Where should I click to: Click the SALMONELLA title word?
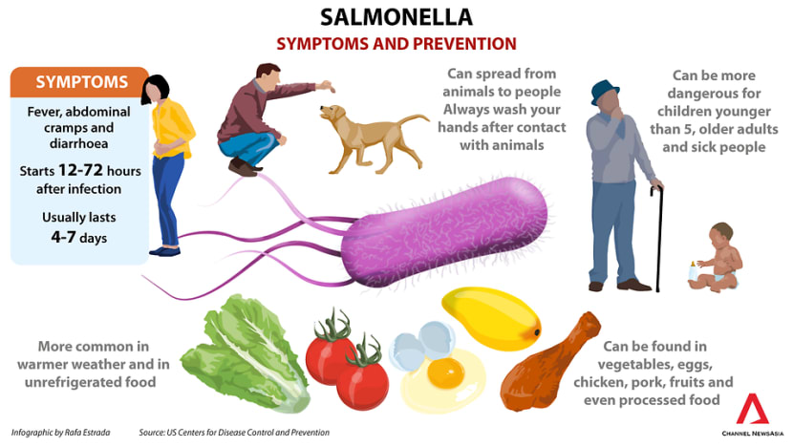tap(396, 17)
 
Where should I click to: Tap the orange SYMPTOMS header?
tap(80, 82)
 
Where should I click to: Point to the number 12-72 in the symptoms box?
tap(80, 170)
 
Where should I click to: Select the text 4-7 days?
tap(79, 237)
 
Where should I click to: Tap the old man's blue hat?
tap(605, 91)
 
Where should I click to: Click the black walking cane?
tap(658, 239)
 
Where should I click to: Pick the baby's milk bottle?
tap(693, 270)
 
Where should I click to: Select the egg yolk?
tap(445, 372)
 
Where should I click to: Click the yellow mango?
tap(490, 317)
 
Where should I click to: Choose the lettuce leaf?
tap(246, 353)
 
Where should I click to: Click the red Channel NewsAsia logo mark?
tap(752, 409)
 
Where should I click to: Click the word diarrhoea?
tap(79, 143)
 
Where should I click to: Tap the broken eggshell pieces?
tap(423, 344)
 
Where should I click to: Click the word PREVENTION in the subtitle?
tap(465, 44)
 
